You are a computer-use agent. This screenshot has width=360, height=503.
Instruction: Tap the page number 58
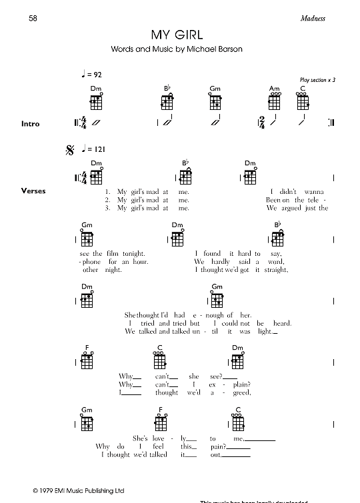click(33, 18)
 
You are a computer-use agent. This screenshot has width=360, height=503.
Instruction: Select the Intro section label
click(31, 124)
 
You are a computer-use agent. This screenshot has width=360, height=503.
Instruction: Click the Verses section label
click(33, 191)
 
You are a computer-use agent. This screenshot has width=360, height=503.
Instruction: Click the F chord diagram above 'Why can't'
click(87, 360)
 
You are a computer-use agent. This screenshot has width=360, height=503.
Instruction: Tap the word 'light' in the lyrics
click(264, 331)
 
